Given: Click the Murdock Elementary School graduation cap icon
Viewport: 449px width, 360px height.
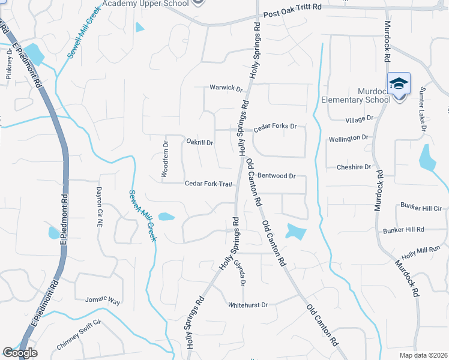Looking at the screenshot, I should pos(399,84).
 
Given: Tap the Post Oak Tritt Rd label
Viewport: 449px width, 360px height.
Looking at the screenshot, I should pos(292,13).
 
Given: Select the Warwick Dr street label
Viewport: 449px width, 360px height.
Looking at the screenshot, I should pos(226,88).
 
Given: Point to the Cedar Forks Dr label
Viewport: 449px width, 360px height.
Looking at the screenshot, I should pos(275,127).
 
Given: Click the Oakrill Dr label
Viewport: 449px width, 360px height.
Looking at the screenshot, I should pos(200,142).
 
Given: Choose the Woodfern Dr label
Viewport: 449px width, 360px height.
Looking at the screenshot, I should pos(164,159).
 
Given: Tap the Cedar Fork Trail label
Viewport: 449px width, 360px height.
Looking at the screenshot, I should pos(208,184).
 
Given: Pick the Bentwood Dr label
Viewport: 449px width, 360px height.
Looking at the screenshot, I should pos(277,176).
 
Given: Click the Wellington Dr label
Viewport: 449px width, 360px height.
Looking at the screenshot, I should pos(349,139).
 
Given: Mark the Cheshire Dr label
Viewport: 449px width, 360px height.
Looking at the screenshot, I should pos(354,167).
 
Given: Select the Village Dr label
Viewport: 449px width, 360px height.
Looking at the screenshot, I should pos(360,119).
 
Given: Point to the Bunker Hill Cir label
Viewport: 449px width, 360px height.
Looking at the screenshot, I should pos(421,208).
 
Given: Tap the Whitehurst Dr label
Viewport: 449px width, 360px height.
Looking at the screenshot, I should pos(247,305).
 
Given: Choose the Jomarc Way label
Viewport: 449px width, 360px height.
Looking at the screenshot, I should pos(103,299).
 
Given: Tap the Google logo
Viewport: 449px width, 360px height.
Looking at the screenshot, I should pos(20,353).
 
